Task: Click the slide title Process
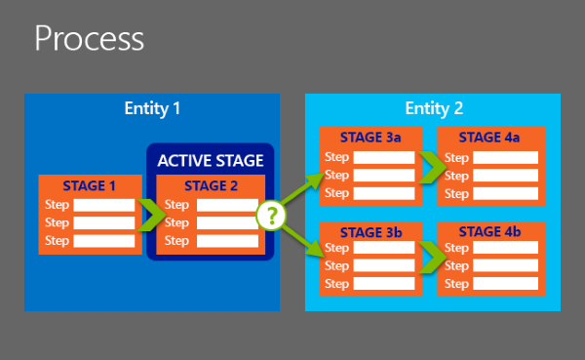point(89,39)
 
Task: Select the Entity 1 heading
point(152,107)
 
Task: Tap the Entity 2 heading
point(433,107)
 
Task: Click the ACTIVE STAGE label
point(212,160)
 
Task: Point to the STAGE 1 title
point(89,185)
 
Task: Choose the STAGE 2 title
point(211,185)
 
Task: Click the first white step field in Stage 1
point(104,205)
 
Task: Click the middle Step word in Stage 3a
point(336,175)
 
